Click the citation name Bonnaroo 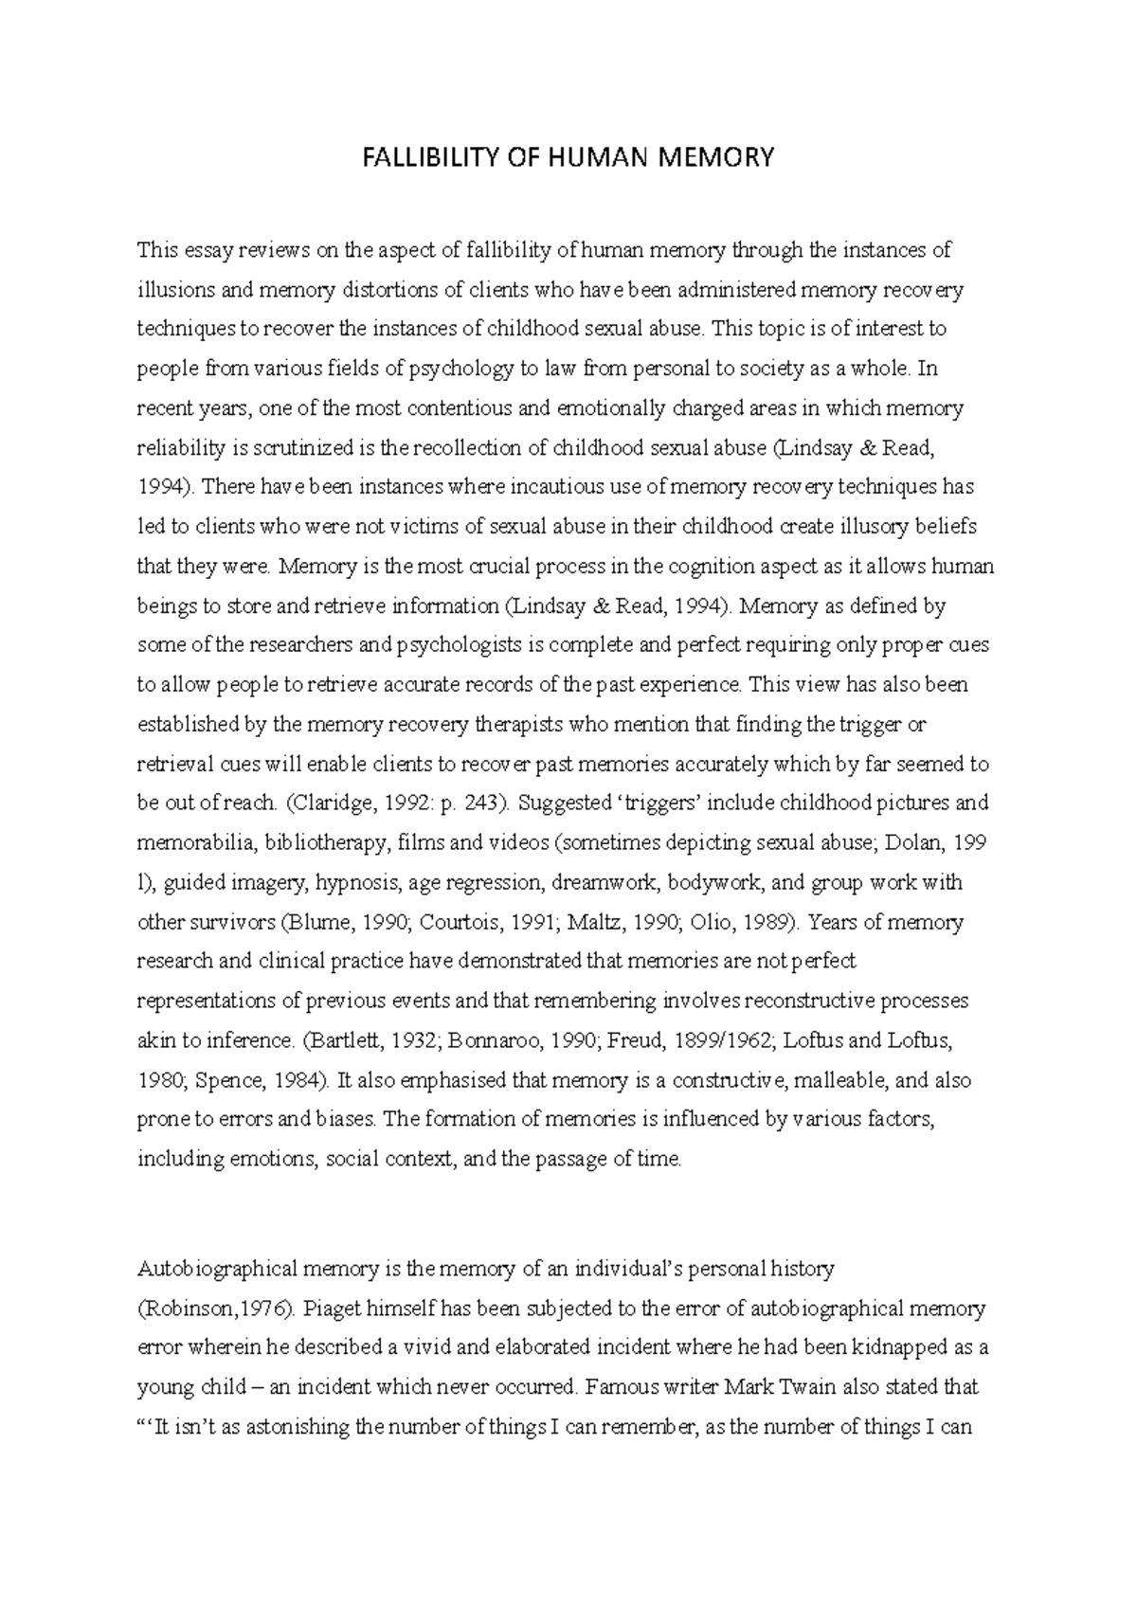pyautogui.click(x=473, y=1040)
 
